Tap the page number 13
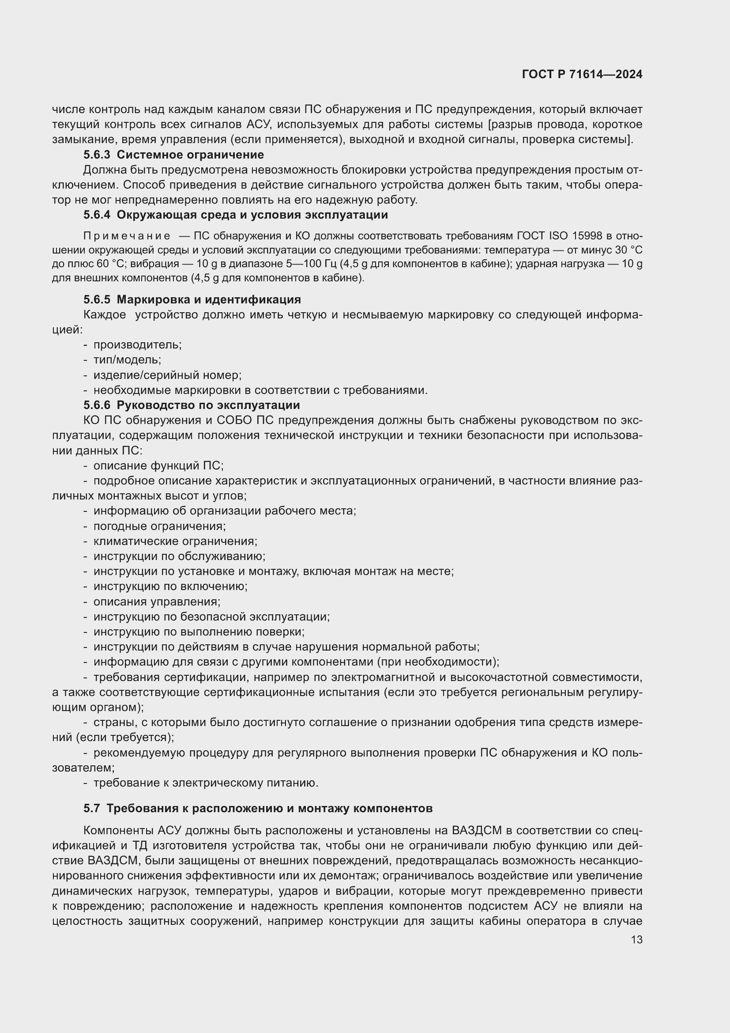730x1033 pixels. coord(636,940)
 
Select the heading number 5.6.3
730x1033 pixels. coord(97,155)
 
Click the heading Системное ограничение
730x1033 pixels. coord(190,155)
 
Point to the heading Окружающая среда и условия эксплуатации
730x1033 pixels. coord(252,215)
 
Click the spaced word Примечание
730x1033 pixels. coord(126,236)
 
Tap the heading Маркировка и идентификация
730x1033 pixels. coord(209,299)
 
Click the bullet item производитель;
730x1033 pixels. coord(137,345)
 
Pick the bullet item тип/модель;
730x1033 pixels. coord(127,360)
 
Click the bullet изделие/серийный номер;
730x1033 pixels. coord(167,375)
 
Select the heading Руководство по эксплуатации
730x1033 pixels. coord(208,405)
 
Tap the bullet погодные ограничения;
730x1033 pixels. coord(159,526)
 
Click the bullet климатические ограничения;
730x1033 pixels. coord(175,541)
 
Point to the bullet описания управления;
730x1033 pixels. coord(156,602)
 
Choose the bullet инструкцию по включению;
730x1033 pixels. coord(170,587)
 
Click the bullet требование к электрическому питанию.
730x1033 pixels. coord(205,783)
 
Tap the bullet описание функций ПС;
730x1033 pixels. coord(158,465)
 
